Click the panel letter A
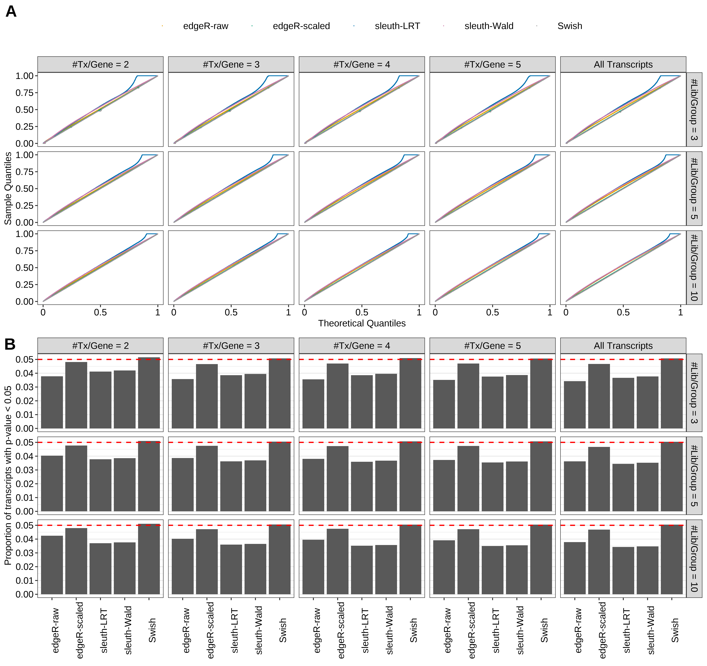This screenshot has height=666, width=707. click(11, 12)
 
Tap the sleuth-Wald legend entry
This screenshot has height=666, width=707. click(489, 26)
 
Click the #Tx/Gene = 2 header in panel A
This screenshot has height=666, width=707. click(100, 64)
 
